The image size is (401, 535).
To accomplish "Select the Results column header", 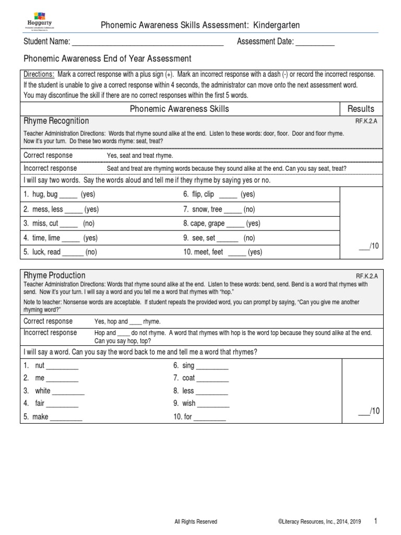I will click(x=361, y=109).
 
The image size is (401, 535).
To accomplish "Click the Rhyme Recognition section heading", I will click(x=56, y=121).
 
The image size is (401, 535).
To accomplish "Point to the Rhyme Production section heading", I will click(x=54, y=275).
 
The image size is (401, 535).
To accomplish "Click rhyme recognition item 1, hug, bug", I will click(x=59, y=195).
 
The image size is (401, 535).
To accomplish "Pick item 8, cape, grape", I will click(x=221, y=224).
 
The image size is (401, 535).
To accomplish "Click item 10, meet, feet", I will click(x=222, y=252).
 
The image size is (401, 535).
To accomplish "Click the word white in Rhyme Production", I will click(x=43, y=391).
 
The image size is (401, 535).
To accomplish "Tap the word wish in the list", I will click(x=189, y=404).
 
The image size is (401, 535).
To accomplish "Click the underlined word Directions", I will click(x=39, y=75).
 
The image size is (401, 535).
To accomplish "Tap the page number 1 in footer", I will click(x=376, y=521).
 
